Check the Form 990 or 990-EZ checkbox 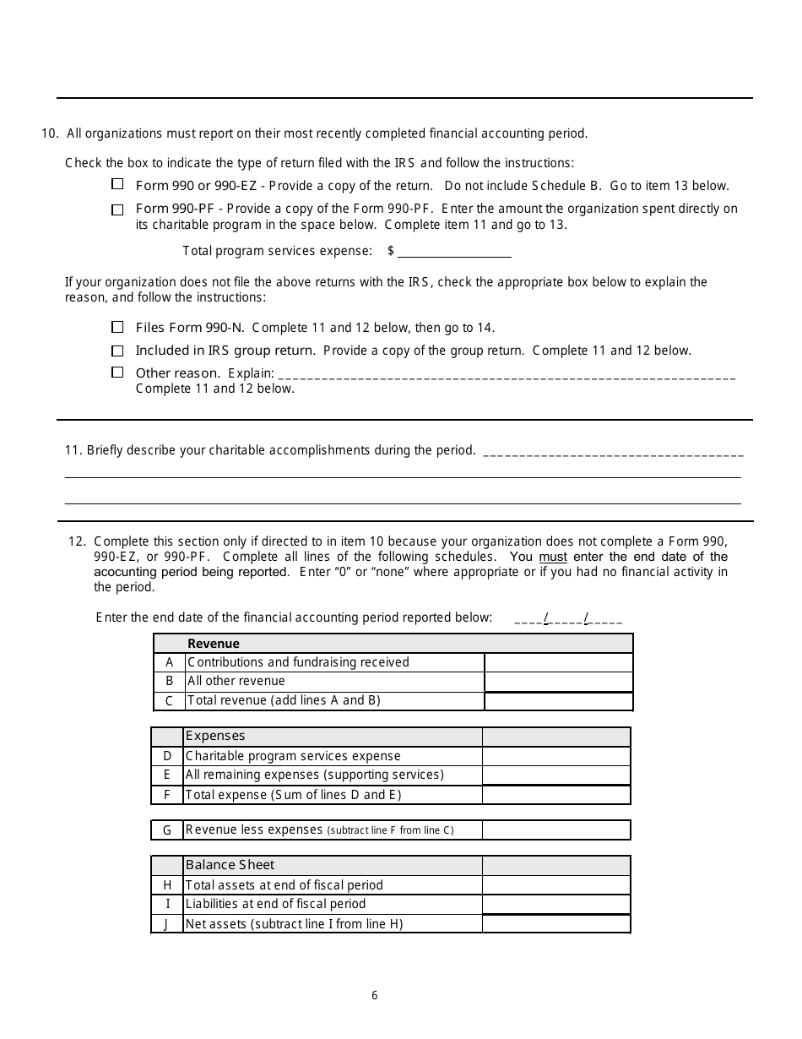[x=117, y=184]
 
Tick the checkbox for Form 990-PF [x=117, y=209]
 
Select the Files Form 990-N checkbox [x=117, y=327]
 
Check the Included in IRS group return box [x=117, y=350]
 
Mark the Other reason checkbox [x=117, y=373]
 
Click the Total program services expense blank [x=454, y=251]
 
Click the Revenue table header [x=214, y=644]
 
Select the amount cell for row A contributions [x=558, y=662]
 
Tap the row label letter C [x=169, y=701]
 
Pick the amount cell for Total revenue [x=558, y=701]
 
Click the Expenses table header [x=215, y=737]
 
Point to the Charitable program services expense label [x=293, y=756]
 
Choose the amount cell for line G [x=555, y=830]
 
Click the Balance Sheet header [x=230, y=865]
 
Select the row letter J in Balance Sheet [x=167, y=924]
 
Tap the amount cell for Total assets [x=555, y=885]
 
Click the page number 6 [x=375, y=995]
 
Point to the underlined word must [x=553, y=557]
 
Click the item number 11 [x=73, y=450]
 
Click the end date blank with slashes [x=568, y=618]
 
